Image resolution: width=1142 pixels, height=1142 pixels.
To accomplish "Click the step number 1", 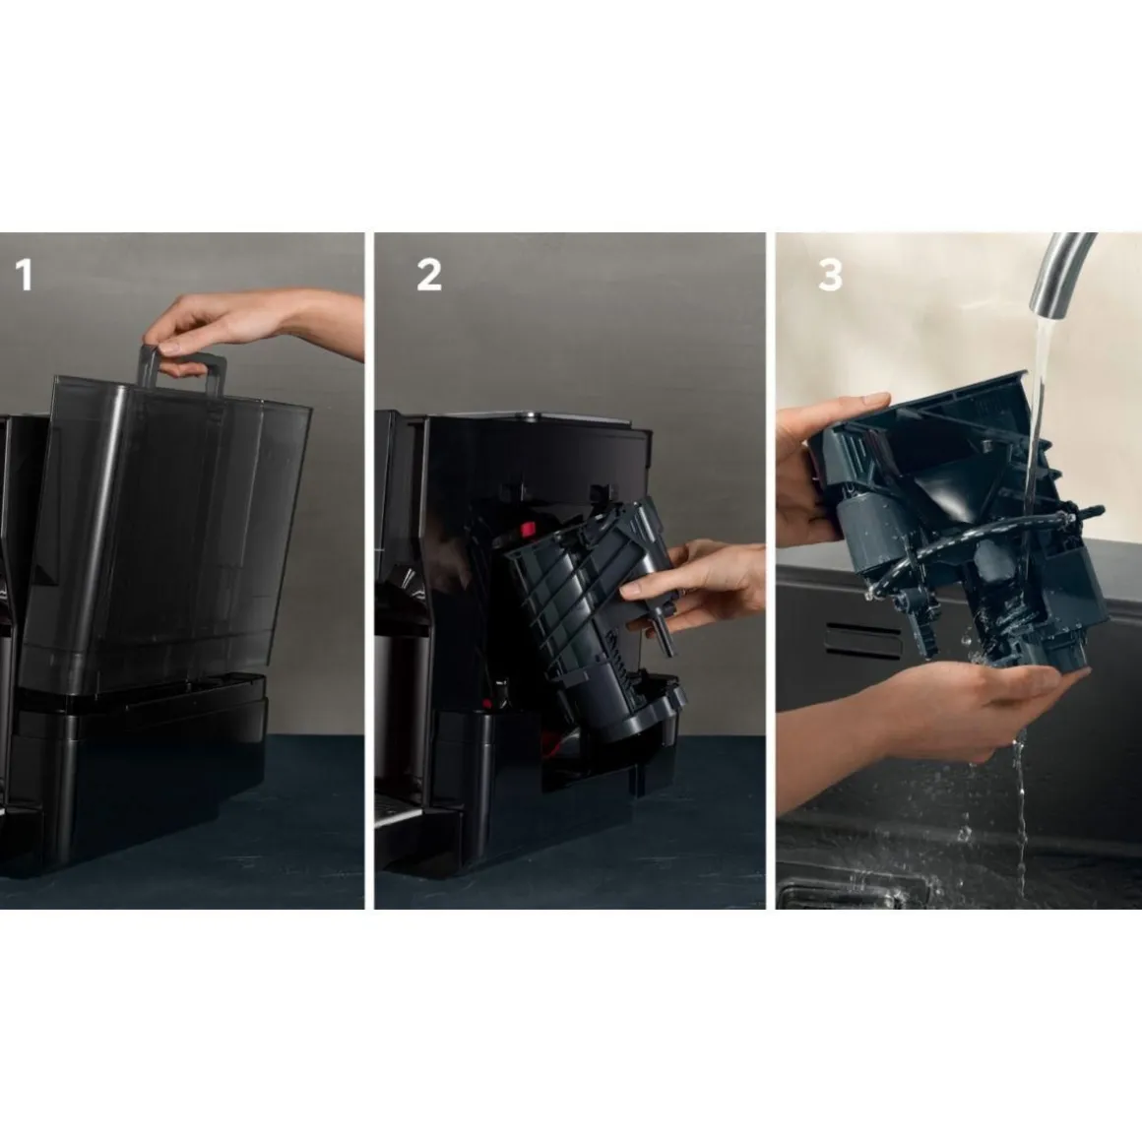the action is click(24, 276).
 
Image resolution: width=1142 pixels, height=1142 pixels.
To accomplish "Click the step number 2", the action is click(429, 276).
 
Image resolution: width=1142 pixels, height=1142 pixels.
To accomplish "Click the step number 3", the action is click(830, 276).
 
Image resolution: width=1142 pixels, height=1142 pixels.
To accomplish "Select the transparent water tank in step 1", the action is click(163, 536).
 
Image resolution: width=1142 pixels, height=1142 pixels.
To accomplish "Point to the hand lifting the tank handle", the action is click(255, 324).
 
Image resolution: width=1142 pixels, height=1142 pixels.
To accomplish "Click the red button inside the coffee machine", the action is click(527, 528).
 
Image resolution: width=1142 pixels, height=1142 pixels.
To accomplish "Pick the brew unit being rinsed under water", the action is click(962, 525).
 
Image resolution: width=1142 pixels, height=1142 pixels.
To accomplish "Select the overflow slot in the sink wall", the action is click(863, 640).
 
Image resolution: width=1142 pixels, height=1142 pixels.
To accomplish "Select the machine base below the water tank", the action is click(139, 772).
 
